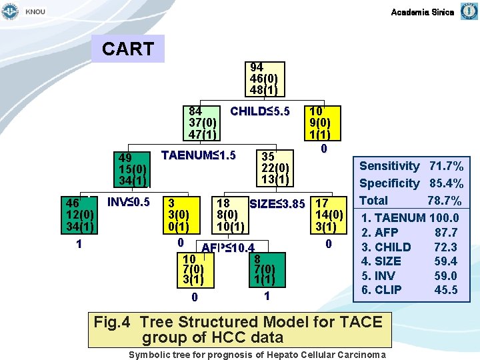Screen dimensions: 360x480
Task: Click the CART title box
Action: (x=128, y=49)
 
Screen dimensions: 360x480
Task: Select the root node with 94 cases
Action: (x=264, y=79)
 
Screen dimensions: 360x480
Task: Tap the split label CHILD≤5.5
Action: (x=259, y=111)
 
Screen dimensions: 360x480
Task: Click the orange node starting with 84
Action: (x=203, y=122)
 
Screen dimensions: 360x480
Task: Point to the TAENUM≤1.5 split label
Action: (x=199, y=155)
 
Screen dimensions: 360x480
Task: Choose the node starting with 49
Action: (x=133, y=170)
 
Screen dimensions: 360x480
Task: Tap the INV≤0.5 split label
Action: (x=129, y=201)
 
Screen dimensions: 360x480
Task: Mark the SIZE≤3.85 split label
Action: (x=277, y=203)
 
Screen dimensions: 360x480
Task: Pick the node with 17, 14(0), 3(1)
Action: (x=329, y=215)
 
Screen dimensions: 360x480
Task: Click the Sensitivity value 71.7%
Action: (x=446, y=166)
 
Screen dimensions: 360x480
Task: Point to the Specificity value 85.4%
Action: (x=446, y=183)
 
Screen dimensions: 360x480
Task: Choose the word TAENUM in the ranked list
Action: (x=402, y=217)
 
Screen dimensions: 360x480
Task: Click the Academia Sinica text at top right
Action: (x=422, y=12)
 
